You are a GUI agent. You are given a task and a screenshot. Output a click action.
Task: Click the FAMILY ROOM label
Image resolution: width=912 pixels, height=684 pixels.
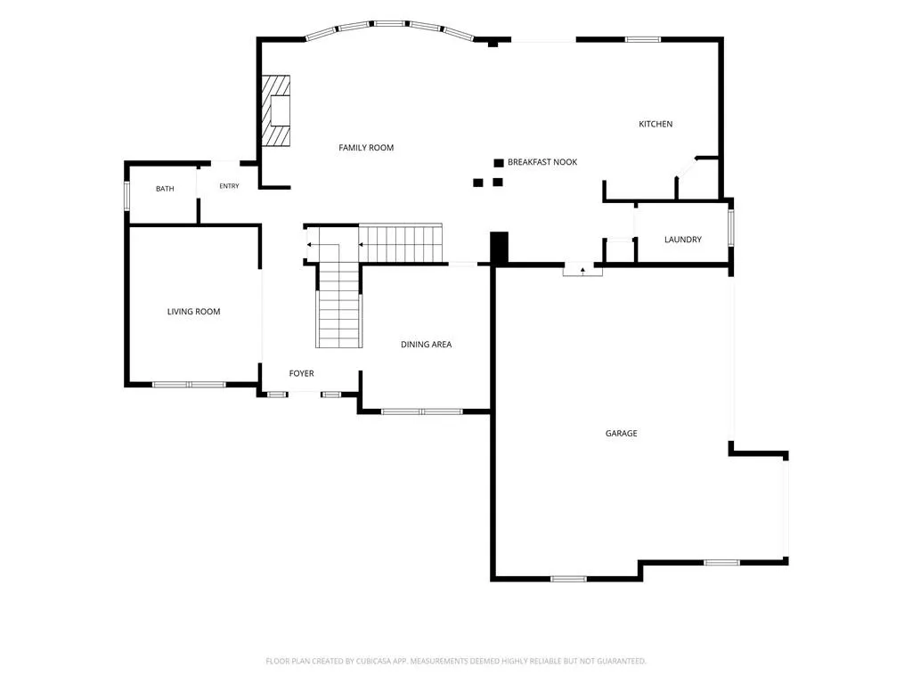tap(366, 148)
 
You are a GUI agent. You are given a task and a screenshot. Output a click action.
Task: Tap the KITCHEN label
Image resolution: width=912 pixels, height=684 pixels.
tap(655, 124)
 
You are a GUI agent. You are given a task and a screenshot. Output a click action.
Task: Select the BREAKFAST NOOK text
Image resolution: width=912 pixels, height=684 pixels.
tap(542, 162)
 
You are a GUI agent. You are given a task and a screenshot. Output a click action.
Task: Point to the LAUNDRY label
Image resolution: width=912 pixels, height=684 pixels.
tap(683, 240)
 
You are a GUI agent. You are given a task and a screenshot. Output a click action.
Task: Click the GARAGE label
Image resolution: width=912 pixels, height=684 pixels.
tap(621, 434)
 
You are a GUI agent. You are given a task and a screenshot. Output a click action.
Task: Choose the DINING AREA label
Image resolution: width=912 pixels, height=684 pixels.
tap(427, 345)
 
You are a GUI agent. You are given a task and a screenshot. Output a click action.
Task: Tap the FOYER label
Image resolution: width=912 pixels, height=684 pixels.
tap(301, 373)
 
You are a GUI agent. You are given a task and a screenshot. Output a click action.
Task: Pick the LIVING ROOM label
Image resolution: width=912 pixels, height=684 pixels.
tap(193, 312)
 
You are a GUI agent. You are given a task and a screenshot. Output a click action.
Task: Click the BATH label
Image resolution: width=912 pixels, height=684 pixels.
tap(165, 189)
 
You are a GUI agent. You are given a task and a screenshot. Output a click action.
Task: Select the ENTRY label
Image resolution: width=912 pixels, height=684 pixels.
tap(229, 186)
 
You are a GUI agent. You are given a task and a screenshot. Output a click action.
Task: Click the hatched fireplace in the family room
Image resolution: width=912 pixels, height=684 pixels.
tap(275, 110)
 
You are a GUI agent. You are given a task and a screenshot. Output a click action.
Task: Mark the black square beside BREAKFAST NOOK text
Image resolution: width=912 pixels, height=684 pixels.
tap(499, 163)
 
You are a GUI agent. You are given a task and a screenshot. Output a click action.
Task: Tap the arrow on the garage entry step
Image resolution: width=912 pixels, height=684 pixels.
tap(582, 271)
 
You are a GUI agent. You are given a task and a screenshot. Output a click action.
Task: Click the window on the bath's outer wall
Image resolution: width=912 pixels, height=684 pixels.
tap(126, 196)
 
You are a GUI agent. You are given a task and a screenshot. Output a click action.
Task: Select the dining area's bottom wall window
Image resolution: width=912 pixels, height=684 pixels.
tap(422, 411)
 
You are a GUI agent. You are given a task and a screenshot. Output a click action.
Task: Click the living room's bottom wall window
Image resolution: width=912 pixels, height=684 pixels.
tap(189, 385)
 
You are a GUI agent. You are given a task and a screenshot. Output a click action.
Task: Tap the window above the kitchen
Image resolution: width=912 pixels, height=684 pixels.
tap(643, 39)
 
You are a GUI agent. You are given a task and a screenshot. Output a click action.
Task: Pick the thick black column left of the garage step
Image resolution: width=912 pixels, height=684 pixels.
tap(499, 248)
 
